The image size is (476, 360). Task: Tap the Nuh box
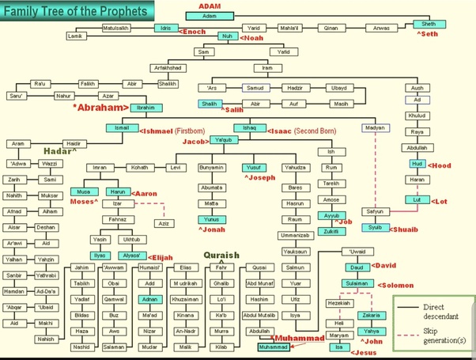point(226,36)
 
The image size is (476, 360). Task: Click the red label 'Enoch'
point(193,32)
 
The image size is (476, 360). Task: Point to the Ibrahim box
point(145,107)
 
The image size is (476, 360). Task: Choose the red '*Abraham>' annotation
point(100,106)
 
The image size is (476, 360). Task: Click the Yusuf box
point(253,168)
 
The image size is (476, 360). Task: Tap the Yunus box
point(210,219)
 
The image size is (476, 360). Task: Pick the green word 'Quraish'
point(220,256)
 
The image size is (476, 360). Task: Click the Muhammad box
point(275,347)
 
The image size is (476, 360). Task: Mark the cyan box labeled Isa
point(338,347)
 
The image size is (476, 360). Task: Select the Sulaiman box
point(357,282)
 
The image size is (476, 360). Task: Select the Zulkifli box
point(331,231)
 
